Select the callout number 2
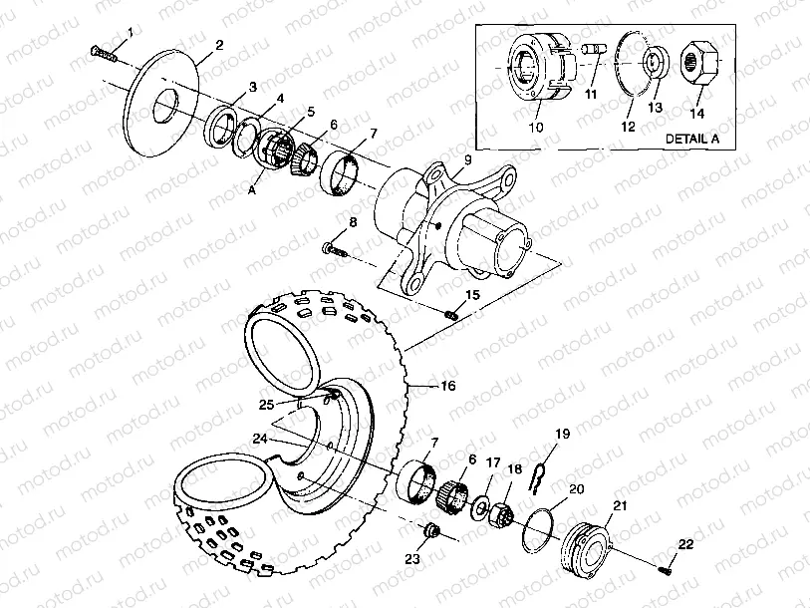pos(218,45)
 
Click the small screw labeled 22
pos(666,569)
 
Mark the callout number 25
pos(266,403)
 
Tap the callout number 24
pos(260,438)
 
